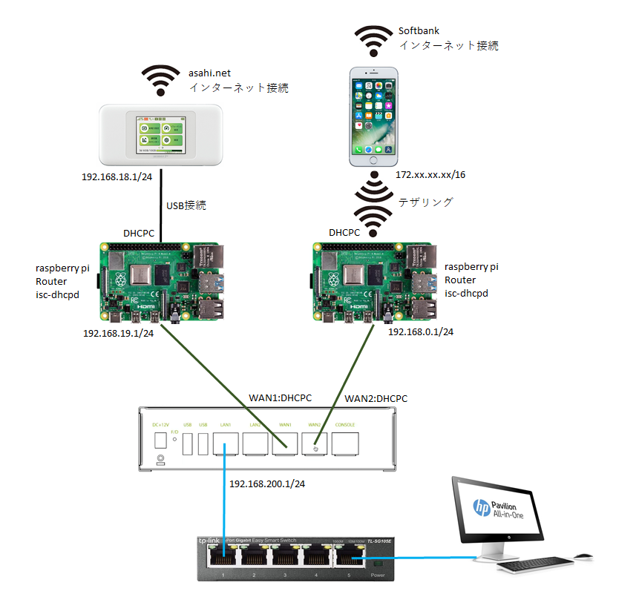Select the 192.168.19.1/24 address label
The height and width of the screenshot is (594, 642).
[x=119, y=334]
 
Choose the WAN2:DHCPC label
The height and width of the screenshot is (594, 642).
[x=376, y=398]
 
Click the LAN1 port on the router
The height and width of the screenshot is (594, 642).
[x=226, y=443]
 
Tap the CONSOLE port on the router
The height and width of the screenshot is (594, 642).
[x=345, y=443]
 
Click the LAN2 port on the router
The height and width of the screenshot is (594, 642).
[x=256, y=443]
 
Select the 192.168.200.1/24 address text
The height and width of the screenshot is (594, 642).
[x=267, y=484]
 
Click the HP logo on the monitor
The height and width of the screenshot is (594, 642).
[x=482, y=509]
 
